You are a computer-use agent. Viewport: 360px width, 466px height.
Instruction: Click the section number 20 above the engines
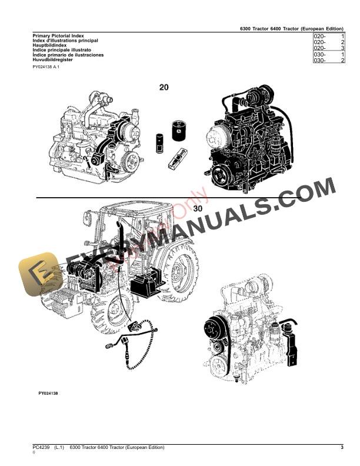click(x=164, y=87)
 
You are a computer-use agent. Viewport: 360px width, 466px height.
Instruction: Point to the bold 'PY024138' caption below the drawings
click(x=48, y=392)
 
